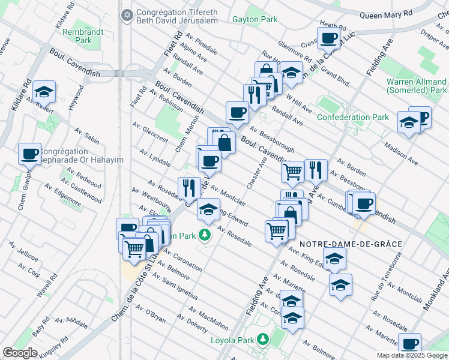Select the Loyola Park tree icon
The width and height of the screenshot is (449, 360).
coord(262,340)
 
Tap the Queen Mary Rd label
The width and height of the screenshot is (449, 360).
coord(386,13)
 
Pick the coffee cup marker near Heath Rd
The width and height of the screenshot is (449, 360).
coord(328,39)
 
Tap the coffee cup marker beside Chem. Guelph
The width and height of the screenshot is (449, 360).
coord(29,154)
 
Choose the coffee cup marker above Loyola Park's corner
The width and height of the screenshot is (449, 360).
coord(410,344)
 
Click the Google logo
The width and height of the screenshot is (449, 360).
coord(20,353)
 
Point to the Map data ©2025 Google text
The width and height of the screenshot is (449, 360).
coord(412,355)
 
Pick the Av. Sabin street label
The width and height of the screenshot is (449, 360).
coord(87,136)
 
